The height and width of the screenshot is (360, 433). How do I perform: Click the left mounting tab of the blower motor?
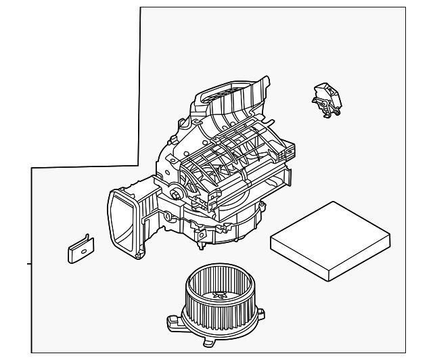pyautogui.click(x=171, y=320)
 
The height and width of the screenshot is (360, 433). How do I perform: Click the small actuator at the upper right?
pyautogui.click(x=325, y=95)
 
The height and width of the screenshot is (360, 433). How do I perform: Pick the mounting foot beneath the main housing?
pyautogui.click(x=201, y=236)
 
